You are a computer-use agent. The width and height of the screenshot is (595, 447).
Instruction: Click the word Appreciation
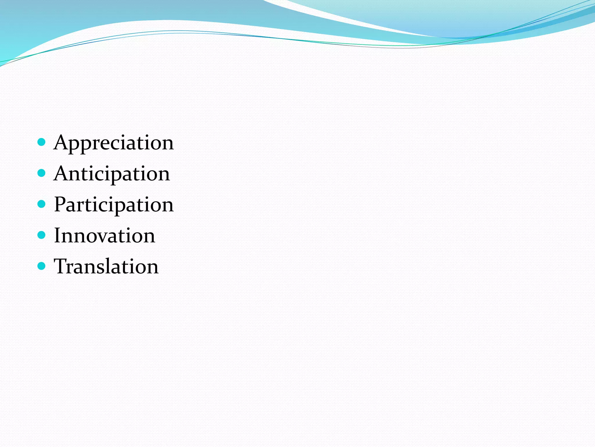click(x=114, y=143)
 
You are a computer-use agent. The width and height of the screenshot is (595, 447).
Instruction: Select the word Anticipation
click(x=112, y=174)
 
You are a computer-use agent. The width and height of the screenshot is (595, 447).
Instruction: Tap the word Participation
click(x=114, y=205)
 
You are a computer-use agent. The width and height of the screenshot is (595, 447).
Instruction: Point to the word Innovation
click(x=105, y=235)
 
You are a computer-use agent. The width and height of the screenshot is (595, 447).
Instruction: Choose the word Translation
click(x=106, y=266)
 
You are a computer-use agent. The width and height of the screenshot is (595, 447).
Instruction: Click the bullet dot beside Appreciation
click(x=42, y=142)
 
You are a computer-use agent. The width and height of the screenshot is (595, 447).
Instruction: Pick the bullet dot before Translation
click(x=42, y=266)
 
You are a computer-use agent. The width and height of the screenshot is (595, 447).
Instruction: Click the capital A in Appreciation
click(x=61, y=142)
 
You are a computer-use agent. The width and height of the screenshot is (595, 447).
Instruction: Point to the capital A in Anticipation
click(x=61, y=173)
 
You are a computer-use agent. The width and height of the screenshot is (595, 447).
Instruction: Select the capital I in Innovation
click(x=57, y=235)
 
